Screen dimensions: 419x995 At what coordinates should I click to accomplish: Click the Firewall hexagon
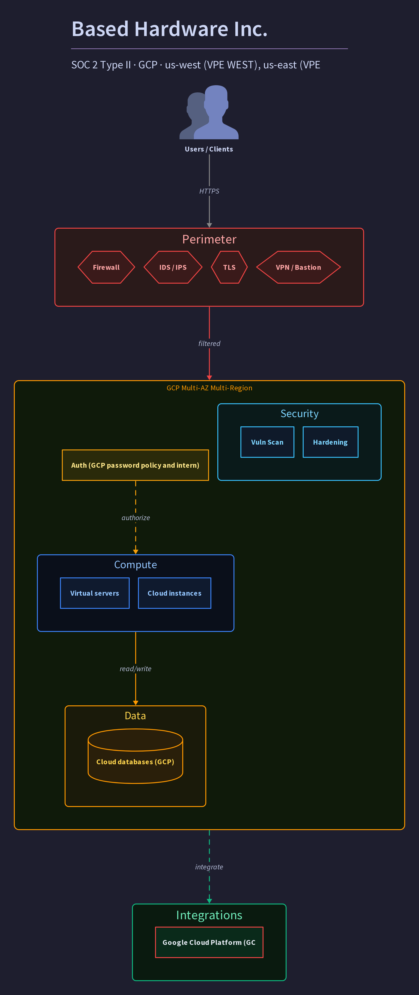tap(106, 267)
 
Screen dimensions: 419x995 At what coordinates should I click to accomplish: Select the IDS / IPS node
tap(173, 267)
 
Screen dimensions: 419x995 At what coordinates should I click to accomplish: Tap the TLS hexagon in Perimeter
tap(229, 267)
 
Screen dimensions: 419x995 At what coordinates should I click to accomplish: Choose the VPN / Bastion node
tap(298, 267)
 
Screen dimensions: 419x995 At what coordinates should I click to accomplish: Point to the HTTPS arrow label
tap(209, 191)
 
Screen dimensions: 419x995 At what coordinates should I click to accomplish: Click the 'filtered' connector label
tap(209, 343)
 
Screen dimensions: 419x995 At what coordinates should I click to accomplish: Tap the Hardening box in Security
tap(330, 442)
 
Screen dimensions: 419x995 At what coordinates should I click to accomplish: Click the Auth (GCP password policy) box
tap(135, 465)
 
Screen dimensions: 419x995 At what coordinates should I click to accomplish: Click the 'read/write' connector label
tap(135, 669)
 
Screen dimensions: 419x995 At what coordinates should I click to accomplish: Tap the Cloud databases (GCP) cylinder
tap(135, 756)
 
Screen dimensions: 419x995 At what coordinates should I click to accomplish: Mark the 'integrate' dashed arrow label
tap(209, 867)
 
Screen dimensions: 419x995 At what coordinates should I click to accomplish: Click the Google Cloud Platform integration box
tap(209, 943)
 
